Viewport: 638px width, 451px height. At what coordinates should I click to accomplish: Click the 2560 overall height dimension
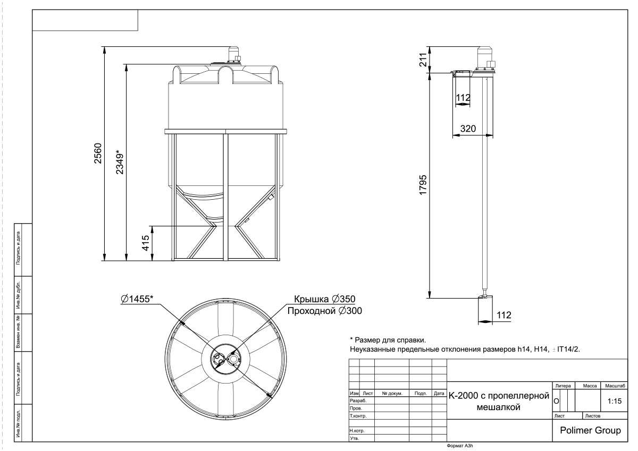pos(98,154)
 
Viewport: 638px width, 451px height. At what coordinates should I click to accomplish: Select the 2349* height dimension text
pos(120,162)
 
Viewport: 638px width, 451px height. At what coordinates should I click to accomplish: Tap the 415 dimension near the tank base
pos(145,243)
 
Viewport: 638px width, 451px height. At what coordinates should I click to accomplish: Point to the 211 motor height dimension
pos(423,59)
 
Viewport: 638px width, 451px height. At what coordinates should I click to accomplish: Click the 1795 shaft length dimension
pos(423,185)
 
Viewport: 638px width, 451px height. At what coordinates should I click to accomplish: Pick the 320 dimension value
pos(468,129)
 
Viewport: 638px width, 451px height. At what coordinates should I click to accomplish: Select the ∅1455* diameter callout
pos(137,299)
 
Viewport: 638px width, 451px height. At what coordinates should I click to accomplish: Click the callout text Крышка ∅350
pos(325,299)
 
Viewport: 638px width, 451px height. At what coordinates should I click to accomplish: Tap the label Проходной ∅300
pos(325,311)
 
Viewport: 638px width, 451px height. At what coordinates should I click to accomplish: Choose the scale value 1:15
pos(615,401)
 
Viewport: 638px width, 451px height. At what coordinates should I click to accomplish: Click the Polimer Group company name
pos(590,430)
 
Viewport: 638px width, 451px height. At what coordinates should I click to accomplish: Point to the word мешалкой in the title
pos(499,407)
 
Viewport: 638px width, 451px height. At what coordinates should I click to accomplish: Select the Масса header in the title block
pos(590,386)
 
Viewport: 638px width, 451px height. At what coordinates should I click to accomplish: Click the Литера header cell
pos(563,386)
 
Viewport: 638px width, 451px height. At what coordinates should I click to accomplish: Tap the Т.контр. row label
pos(358,416)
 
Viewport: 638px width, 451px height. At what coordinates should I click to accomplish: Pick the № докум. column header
pos(392,393)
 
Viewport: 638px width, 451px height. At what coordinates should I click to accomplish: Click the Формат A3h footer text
pos(460,446)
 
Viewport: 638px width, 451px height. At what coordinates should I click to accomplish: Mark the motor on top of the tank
pos(234,55)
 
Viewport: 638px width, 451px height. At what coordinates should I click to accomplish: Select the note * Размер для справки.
pos(388,340)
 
